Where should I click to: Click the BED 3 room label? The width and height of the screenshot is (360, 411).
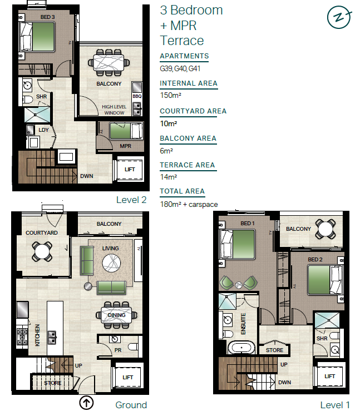point(47,17)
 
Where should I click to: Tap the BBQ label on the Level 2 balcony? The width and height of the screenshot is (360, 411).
point(137,96)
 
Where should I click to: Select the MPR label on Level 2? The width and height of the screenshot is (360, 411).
point(125,146)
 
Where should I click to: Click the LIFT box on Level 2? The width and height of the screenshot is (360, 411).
point(130,169)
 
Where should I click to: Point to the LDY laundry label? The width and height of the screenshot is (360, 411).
point(43,130)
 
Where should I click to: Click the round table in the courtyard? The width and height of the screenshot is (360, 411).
point(42,252)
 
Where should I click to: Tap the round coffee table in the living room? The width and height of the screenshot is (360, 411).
point(111,263)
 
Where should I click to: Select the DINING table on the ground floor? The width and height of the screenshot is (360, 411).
point(116,315)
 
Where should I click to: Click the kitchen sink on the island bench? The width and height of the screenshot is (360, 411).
point(52,338)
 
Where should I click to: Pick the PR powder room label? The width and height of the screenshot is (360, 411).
point(118,350)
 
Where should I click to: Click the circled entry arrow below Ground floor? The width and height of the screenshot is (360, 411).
point(86,403)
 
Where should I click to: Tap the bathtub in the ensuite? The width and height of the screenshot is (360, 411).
point(241,348)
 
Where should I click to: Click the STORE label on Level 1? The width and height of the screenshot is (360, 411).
point(274,350)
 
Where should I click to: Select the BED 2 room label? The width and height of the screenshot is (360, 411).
point(315,260)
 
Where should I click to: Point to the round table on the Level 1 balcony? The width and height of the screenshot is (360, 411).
point(325,229)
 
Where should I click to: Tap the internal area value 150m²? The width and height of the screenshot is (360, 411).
point(171,95)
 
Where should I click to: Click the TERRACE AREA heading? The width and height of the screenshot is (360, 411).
point(188,165)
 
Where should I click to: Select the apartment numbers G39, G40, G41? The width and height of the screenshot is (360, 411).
point(180,68)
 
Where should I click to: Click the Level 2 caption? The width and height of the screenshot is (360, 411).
point(131,200)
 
